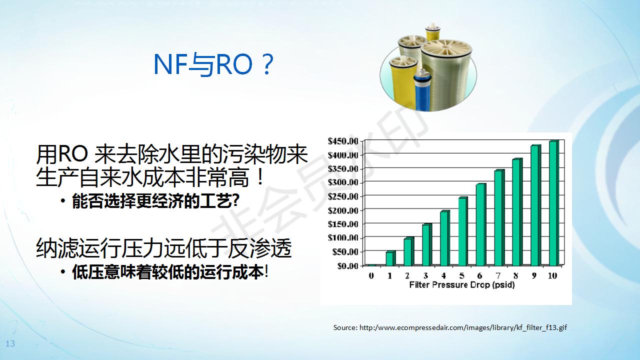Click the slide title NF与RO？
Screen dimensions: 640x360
coord(213,64)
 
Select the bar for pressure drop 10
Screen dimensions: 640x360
coord(554,203)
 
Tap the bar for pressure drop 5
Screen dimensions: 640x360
coord(463,231)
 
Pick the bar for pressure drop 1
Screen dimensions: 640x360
coord(390,258)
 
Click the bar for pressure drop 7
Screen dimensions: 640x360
coord(499,217)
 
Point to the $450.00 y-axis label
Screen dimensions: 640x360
coord(343,141)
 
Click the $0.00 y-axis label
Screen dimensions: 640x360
coord(347,266)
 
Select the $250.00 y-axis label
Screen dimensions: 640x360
coord(343,196)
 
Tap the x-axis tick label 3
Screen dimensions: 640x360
coord(425,275)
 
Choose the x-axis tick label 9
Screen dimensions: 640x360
coord(534,275)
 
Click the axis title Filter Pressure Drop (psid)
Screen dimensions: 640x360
coord(461,285)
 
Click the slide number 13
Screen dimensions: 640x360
coord(10,343)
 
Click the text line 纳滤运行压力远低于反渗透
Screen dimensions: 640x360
coord(164,247)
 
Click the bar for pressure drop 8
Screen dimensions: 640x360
coord(517,212)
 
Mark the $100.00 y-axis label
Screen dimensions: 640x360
coord(343,238)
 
